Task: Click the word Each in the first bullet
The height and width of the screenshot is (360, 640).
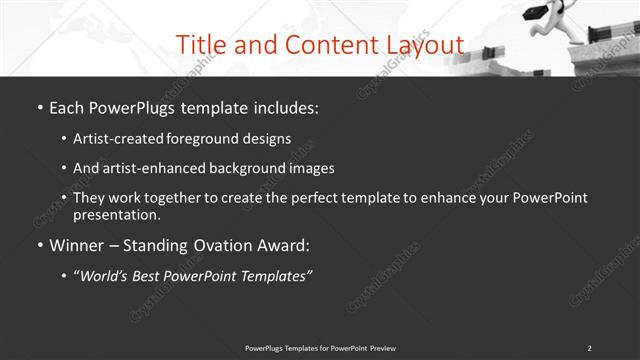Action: point(68,105)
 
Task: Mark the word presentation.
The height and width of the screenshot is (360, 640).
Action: point(116,214)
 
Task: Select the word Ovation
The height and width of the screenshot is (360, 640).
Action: point(220,245)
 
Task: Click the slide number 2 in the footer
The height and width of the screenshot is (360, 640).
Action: point(589,347)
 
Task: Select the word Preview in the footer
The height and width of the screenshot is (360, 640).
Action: point(380,347)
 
